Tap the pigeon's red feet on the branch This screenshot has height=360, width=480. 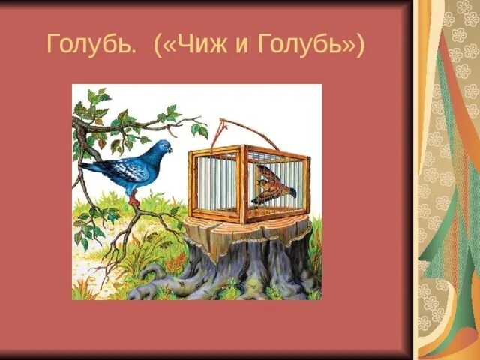point(133,200)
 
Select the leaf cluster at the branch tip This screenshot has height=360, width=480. point(199,129)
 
